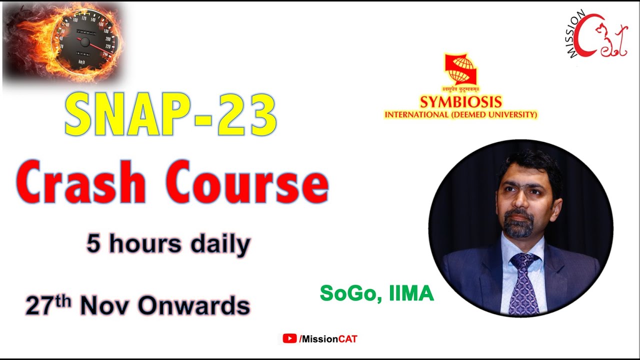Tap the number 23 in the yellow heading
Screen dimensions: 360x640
pos(248,116)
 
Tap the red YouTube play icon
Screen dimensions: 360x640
pos(289,339)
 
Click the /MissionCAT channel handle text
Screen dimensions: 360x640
pos(328,339)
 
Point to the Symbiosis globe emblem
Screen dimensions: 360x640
pos(460,69)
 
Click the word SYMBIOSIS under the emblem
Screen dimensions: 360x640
pos(460,102)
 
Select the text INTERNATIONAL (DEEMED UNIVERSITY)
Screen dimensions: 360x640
pos(460,115)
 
